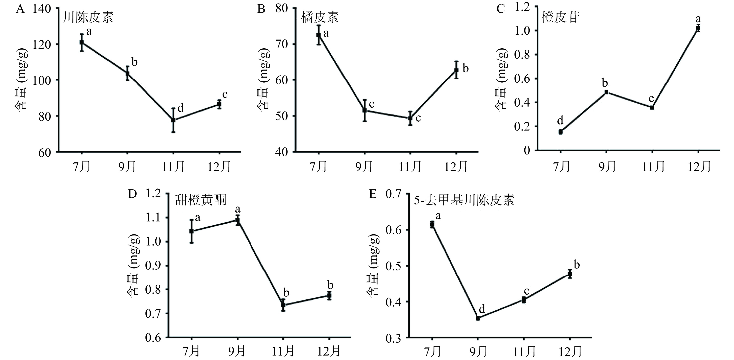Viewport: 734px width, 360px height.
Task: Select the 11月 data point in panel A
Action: coord(173,120)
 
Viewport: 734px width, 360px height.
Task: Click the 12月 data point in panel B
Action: coord(456,70)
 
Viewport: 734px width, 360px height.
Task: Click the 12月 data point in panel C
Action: coord(698,28)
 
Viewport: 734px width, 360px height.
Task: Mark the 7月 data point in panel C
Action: coord(561,132)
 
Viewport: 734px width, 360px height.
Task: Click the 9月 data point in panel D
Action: coord(238,220)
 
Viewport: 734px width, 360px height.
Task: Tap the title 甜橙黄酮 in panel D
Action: coord(201,200)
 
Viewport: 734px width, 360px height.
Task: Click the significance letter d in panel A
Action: coord(180,108)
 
